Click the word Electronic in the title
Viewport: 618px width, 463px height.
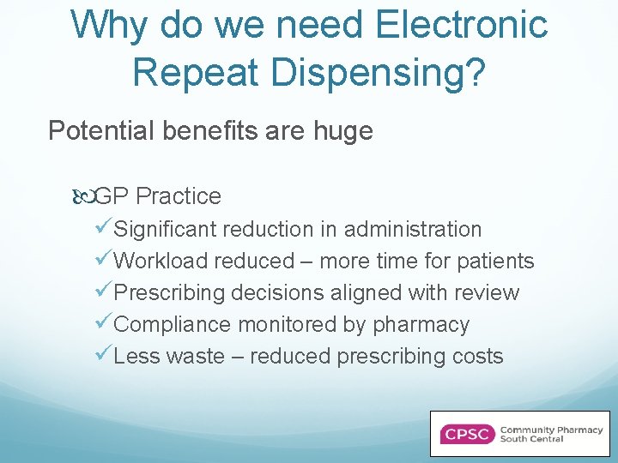click(x=463, y=25)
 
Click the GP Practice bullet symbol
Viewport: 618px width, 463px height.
click(x=83, y=196)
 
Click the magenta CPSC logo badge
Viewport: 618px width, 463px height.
click(x=466, y=434)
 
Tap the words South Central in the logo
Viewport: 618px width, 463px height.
click(x=532, y=440)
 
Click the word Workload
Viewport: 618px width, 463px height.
click(x=161, y=262)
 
